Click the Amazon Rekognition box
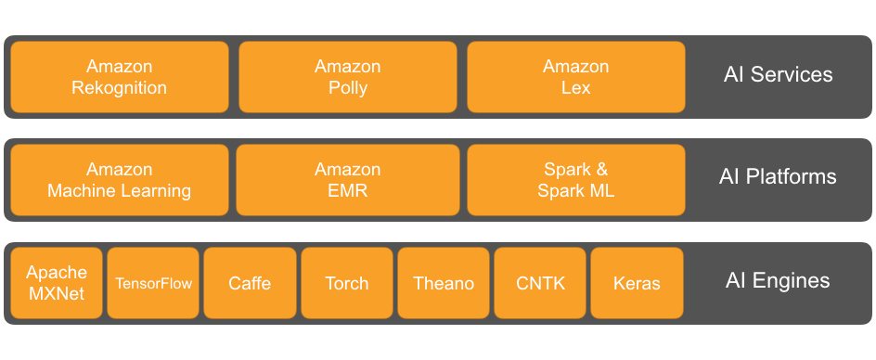(119, 77)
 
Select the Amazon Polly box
(347, 77)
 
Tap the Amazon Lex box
(575, 77)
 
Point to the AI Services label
(778, 75)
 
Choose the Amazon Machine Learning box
(119, 180)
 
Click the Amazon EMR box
(347, 180)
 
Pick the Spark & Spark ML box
(575, 180)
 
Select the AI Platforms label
(778, 177)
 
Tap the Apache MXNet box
(57, 283)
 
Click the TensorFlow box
(153, 283)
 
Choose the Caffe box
(250, 283)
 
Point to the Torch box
(347, 283)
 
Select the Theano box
(444, 283)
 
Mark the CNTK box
(540, 283)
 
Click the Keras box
(637, 283)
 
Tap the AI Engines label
(778, 281)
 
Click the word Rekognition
(119, 88)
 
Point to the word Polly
(347, 88)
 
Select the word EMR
(347, 191)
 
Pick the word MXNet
(57, 294)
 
